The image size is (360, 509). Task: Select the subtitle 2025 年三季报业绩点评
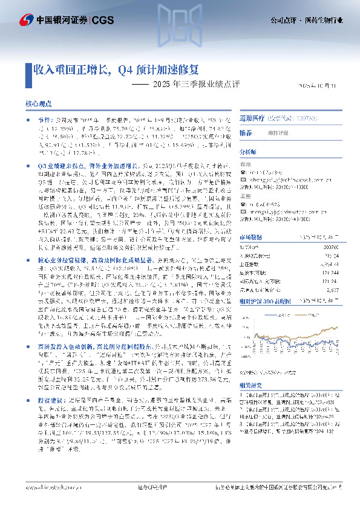(188, 84)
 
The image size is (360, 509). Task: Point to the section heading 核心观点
(39, 104)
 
